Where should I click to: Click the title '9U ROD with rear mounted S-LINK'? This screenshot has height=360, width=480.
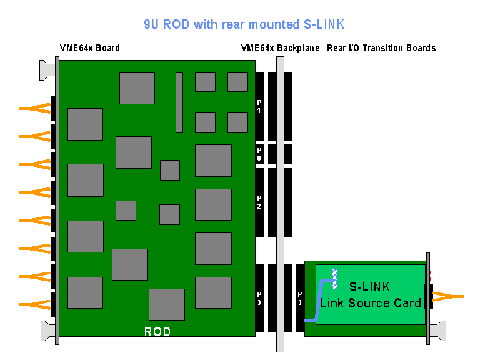(x=243, y=24)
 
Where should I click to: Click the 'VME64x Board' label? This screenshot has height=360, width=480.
(x=89, y=48)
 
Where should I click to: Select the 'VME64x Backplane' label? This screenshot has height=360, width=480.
(x=280, y=48)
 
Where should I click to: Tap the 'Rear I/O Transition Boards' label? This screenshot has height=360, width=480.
(x=381, y=48)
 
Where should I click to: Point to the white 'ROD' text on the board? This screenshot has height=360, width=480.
(x=157, y=332)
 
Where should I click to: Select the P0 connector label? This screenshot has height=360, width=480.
(x=259, y=154)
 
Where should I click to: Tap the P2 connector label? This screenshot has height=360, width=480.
(x=259, y=201)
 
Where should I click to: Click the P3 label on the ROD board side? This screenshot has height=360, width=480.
(x=259, y=297)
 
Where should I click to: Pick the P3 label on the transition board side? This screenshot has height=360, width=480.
(x=300, y=297)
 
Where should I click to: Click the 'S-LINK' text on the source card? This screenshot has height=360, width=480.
(x=369, y=287)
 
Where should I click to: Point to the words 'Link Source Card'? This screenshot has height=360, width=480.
(x=370, y=303)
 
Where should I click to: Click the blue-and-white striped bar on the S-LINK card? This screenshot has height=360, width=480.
(x=335, y=279)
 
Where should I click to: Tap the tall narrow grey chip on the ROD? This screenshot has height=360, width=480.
(x=179, y=102)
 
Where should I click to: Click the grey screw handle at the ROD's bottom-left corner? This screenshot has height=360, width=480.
(x=46, y=329)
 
